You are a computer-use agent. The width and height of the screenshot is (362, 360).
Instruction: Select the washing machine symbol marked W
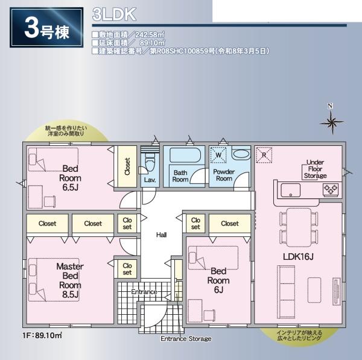click(x=218, y=155)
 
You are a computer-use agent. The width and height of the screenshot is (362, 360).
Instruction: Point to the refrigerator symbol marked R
click(x=264, y=155)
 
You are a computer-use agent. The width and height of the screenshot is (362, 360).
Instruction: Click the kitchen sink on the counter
click(x=290, y=190)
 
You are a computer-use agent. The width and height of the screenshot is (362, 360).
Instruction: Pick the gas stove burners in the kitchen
click(x=331, y=190)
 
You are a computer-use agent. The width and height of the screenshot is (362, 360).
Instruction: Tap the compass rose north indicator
click(x=331, y=122)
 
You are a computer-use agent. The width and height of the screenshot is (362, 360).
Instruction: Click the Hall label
click(x=161, y=235)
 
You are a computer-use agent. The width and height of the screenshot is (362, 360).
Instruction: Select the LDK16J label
click(x=298, y=257)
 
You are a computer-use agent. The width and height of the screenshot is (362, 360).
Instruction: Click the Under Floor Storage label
click(x=315, y=169)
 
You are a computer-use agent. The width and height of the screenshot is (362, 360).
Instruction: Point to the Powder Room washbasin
click(x=241, y=154)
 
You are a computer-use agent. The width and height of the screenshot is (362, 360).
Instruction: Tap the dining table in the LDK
click(x=299, y=227)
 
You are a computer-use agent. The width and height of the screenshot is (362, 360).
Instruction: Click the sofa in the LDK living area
click(x=286, y=292)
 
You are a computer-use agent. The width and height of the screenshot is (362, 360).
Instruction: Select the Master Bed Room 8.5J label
click(x=70, y=280)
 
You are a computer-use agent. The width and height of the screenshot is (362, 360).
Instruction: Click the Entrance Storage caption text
click(x=186, y=338)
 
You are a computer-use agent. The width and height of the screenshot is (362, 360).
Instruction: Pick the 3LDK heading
click(x=114, y=14)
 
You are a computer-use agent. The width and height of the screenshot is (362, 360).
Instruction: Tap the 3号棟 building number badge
click(x=46, y=28)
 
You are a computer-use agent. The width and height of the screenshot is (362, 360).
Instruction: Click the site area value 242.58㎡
click(x=150, y=35)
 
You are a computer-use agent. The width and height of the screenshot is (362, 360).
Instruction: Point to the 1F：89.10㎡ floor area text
click(x=42, y=335)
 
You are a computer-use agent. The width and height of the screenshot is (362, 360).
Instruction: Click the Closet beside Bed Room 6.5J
click(x=127, y=166)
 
